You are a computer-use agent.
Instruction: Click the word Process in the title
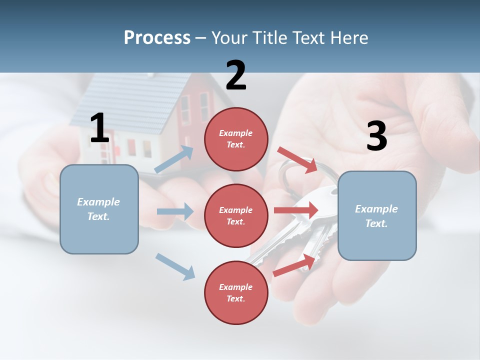(157, 37)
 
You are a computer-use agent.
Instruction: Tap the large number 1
(99, 128)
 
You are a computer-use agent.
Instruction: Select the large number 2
(236, 75)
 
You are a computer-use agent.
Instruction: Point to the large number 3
(376, 136)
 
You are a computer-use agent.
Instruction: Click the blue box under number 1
(99, 209)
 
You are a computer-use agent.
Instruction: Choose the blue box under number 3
(377, 215)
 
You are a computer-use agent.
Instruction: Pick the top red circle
(236, 139)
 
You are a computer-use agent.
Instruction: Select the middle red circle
(236, 215)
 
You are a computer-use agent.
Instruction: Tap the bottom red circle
(236, 292)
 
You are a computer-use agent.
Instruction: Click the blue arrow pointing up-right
(174, 159)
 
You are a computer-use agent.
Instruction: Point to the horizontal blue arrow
(174, 211)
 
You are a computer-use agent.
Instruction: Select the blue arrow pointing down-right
(175, 266)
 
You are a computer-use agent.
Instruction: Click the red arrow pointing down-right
(297, 159)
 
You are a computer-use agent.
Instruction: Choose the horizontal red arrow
(295, 210)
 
